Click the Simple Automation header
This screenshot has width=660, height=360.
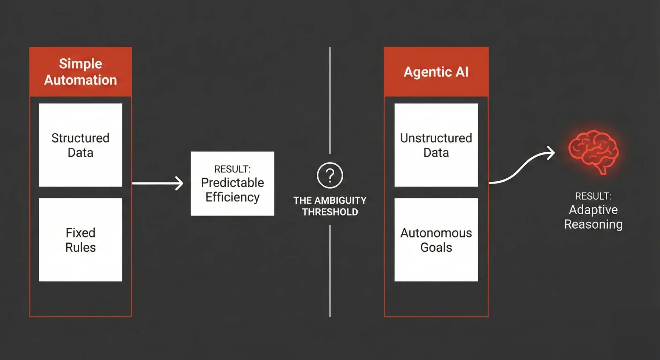coord(80,72)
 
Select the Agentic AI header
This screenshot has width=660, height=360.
coord(436,72)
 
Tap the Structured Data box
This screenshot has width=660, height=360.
coord(80,145)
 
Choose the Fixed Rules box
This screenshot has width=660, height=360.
coord(80,240)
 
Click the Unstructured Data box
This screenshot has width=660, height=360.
coord(436,145)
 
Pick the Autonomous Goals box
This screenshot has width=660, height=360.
coord(436,240)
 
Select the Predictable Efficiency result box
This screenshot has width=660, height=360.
coord(232,183)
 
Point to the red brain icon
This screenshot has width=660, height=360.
coord(593,151)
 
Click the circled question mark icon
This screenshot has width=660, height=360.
coord(330,175)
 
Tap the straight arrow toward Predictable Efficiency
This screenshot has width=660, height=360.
coord(158,183)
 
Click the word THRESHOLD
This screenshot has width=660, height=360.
coord(330,212)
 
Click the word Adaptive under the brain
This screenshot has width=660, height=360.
coord(593,210)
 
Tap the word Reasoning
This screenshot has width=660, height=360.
coord(593,224)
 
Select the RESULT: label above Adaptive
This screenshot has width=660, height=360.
coord(593,196)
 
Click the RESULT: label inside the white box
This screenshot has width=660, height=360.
coord(232,169)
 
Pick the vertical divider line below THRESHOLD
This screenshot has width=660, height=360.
coord(330,272)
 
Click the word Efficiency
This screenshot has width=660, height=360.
coord(232,197)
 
